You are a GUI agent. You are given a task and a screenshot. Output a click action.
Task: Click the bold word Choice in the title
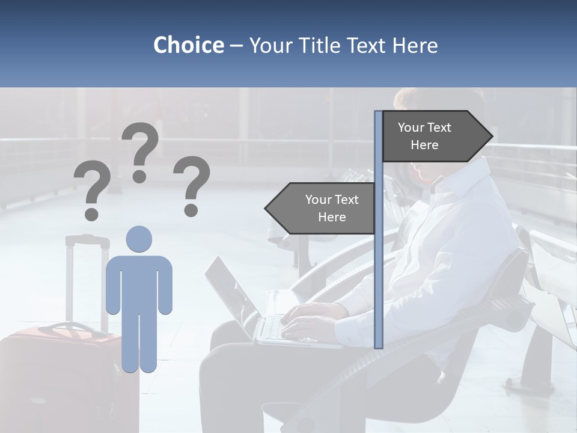point(188,45)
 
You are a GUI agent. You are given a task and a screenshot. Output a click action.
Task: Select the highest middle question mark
point(140,152)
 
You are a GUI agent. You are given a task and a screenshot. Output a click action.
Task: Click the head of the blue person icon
point(139,239)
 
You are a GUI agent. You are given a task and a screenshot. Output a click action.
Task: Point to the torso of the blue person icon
point(139,283)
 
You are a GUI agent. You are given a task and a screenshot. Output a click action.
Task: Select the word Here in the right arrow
point(424,145)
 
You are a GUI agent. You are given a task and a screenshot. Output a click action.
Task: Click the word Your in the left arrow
point(319,200)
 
